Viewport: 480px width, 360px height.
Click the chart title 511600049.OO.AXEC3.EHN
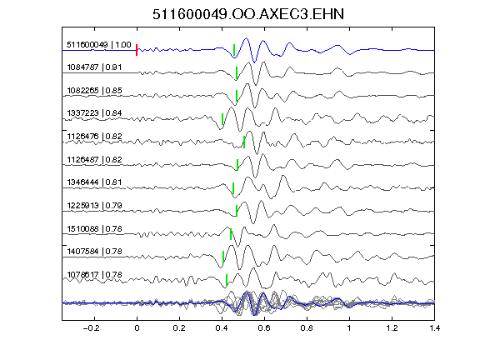(248, 14)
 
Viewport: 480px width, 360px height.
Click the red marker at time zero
(137, 50)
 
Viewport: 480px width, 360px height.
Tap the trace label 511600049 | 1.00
(99, 45)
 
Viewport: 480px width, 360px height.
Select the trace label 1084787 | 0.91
(94, 67)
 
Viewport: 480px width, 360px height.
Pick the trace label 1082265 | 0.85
(94, 90)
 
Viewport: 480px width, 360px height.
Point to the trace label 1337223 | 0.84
(94, 113)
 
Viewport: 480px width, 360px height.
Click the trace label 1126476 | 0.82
(94, 136)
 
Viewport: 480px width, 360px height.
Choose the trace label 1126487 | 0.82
(94, 159)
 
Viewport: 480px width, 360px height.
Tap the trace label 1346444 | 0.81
(94, 182)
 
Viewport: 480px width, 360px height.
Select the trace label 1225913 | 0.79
(94, 205)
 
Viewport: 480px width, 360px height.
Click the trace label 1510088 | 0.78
(94, 228)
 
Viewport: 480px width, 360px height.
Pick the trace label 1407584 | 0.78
(94, 252)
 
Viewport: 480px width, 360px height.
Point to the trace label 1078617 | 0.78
(94, 275)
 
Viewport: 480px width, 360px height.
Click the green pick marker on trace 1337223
(222, 119)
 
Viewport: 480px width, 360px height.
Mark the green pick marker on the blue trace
(234, 50)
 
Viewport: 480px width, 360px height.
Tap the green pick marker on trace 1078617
(227, 280)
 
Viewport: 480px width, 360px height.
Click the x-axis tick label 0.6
(264, 328)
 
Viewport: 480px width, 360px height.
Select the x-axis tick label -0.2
(92, 328)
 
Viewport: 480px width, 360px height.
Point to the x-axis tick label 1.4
(435, 328)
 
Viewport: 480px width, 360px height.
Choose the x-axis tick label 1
(349, 328)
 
